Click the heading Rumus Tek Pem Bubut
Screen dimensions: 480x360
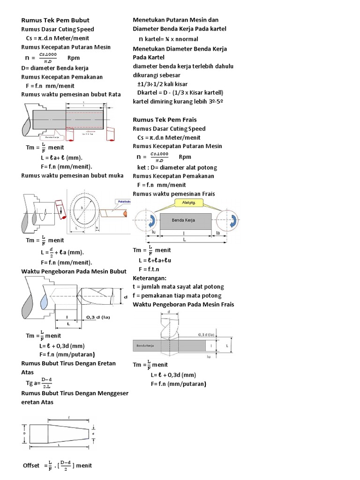coord(55,20)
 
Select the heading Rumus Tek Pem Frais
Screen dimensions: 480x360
coord(165,120)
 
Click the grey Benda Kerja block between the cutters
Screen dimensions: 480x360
coord(183,221)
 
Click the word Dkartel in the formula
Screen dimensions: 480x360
coord(148,92)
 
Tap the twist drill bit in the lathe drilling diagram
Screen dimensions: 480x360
coord(99,297)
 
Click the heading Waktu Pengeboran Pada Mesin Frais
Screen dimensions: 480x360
coord(183,304)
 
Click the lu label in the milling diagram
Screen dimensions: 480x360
coord(154,232)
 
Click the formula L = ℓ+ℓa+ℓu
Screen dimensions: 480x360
coord(155,260)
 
